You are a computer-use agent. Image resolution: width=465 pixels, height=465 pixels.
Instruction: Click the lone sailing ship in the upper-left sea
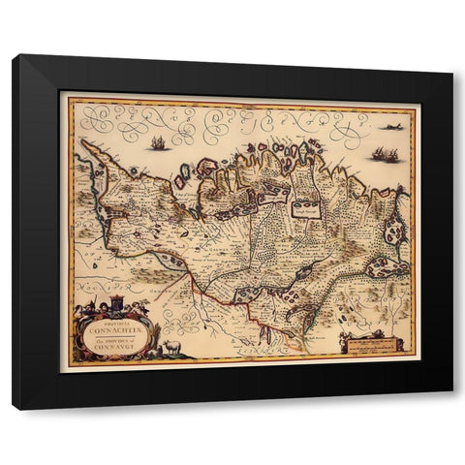pyautogui.click(x=157, y=142)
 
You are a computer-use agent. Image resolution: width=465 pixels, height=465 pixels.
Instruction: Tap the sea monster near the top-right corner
pyautogui.click(x=391, y=126)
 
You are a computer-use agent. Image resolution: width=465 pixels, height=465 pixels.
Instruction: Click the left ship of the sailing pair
pyautogui.click(x=376, y=153)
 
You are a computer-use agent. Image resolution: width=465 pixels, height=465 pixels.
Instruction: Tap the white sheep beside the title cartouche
pyautogui.click(x=171, y=346)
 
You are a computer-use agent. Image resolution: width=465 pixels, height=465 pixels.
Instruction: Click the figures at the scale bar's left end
pyautogui.click(x=343, y=340)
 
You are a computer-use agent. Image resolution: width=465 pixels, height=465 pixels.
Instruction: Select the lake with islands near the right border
pyautogui.click(x=394, y=232)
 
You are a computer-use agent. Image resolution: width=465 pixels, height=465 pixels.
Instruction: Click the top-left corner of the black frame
pyautogui.click(x=14, y=56)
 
